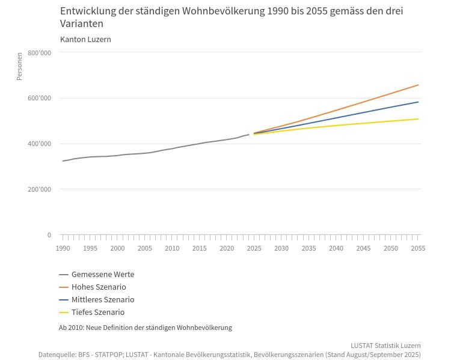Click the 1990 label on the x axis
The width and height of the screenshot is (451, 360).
click(63, 248)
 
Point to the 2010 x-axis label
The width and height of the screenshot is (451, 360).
click(172, 248)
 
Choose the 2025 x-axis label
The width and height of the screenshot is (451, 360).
click(254, 248)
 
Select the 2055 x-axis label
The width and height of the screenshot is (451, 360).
click(418, 248)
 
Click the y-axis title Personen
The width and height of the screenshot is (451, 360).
click(19, 66)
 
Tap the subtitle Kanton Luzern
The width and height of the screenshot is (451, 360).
click(85, 40)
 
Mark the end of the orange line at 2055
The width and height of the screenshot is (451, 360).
click(418, 85)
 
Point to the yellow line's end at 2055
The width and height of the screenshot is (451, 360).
click(418, 119)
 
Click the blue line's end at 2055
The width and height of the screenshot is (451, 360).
click(418, 102)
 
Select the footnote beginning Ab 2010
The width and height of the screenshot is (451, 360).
click(145, 328)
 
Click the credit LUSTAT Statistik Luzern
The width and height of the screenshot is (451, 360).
click(385, 346)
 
